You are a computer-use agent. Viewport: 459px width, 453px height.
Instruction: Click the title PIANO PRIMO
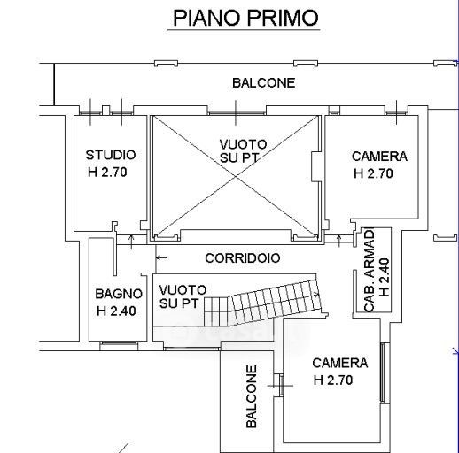[245, 18]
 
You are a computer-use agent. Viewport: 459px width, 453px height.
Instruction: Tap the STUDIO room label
[111, 155]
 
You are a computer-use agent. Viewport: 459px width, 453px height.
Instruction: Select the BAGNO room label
[119, 294]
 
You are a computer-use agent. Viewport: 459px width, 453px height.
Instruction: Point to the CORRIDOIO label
[243, 258]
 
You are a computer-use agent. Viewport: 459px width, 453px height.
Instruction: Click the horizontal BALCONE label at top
[264, 83]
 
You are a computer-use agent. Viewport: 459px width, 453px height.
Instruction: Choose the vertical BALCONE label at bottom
[252, 396]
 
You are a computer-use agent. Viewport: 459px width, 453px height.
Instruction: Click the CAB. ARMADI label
[370, 270]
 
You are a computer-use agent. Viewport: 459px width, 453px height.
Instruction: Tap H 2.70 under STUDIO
[107, 173]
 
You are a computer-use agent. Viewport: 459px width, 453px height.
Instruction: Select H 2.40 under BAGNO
[116, 311]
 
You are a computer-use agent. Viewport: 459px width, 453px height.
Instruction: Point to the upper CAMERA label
[379, 157]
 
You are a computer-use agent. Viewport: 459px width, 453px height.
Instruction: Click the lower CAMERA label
[340, 363]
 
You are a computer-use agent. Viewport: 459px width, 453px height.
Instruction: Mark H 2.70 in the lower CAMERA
[333, 380]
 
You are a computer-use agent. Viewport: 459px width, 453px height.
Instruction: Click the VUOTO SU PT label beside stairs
[183, 296]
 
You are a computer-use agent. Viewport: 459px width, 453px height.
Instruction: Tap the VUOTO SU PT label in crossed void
[243, 151]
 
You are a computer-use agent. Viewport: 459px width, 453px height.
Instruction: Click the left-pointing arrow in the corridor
[161, 258]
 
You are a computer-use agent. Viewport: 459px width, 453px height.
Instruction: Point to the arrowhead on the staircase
[317, 295]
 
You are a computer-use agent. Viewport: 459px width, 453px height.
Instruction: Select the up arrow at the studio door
[131, 242]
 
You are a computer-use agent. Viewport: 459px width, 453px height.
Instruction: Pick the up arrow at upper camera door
[339, 241]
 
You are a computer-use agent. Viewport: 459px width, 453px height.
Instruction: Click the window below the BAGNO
[119, 343]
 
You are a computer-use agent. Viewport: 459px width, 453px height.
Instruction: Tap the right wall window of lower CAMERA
[382, 372]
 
